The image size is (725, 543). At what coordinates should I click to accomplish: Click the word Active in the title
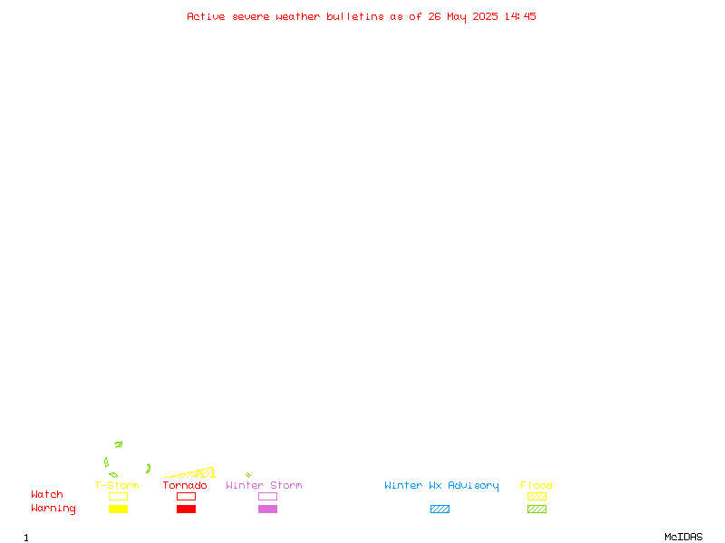pos(206,16)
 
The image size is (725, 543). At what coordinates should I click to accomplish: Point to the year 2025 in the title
pos(485,16)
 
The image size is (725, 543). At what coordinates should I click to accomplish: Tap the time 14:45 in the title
pos(520,16)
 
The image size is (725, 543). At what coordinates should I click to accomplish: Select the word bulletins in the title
pos(355,16)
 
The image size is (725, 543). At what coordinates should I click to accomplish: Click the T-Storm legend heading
pos(117,485)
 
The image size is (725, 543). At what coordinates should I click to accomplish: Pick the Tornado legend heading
pos(185,485)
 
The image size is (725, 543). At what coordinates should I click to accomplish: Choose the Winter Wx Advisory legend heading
pos(441,486)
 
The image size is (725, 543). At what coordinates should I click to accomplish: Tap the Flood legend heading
pos(536,485)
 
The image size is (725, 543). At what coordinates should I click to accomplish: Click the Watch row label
pos(47,494)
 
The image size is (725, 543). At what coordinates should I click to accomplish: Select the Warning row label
pos(53,509)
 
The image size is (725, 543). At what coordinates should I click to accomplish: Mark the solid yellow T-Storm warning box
pos(119,509)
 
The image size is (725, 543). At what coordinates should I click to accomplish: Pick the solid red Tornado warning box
pos(187,509)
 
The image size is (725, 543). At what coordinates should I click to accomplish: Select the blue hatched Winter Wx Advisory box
pos(440,509)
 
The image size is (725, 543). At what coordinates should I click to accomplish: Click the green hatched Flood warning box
pos(536,509)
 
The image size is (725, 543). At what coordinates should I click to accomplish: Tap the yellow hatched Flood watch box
pos(536,496)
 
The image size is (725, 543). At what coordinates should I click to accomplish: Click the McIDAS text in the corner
pos(683,537)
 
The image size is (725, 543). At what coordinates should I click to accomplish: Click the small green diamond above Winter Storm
pos(248,474)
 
